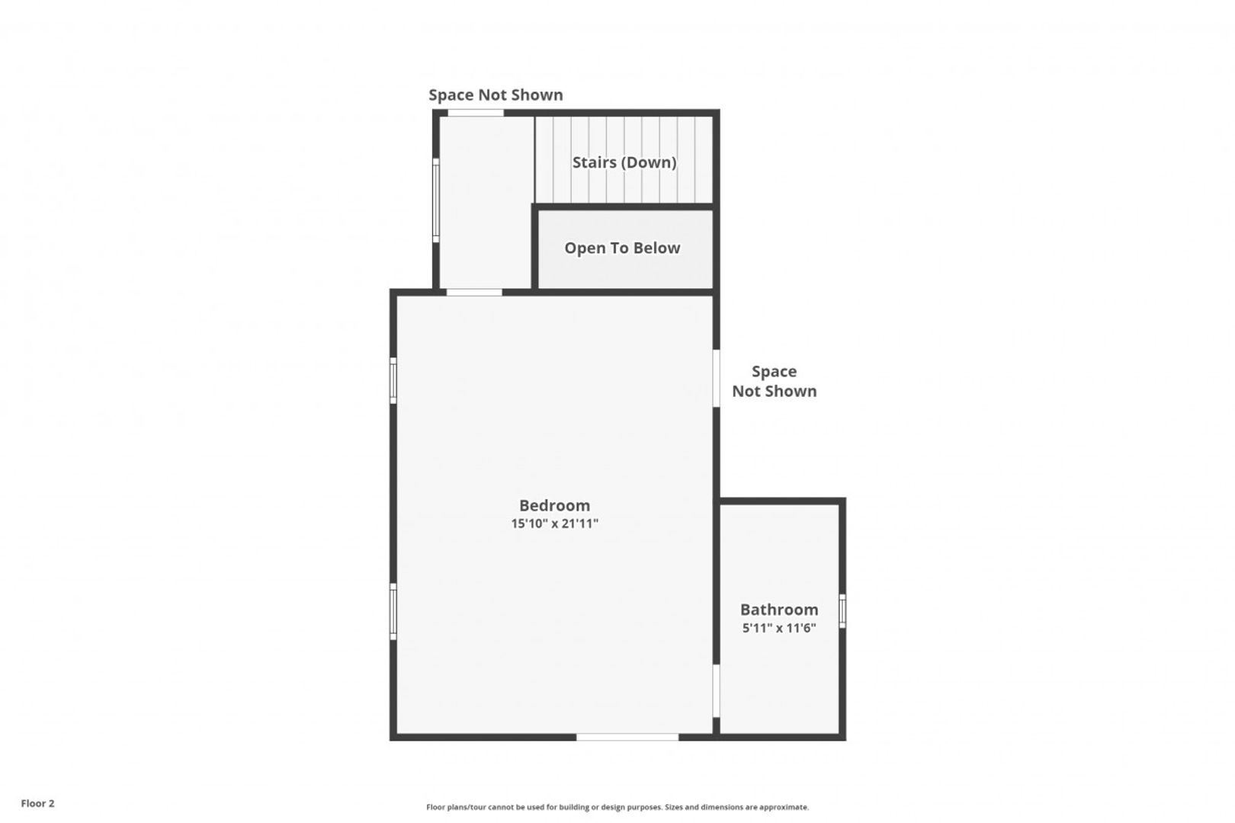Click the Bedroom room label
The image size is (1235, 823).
554,505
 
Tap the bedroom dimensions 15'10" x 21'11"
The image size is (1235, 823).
554,523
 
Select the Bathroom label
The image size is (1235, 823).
779,610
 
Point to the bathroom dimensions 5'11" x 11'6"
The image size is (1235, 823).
779,628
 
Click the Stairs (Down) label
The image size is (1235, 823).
624,162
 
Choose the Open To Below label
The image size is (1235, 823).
622,248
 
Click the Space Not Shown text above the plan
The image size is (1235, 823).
496,94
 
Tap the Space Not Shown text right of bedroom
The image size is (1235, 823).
774,381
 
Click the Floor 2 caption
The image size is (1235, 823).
37,803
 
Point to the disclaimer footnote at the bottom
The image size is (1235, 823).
617,807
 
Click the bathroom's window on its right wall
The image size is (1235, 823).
842,611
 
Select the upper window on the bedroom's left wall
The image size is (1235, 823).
393,380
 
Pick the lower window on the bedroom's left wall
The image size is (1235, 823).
393,611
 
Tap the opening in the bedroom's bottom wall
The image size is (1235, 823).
627,737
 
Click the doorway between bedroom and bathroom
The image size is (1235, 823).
716,690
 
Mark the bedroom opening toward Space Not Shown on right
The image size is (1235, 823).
716,378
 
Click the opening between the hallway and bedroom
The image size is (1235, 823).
474,292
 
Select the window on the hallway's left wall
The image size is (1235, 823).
435,200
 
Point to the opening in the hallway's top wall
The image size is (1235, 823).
475,113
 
